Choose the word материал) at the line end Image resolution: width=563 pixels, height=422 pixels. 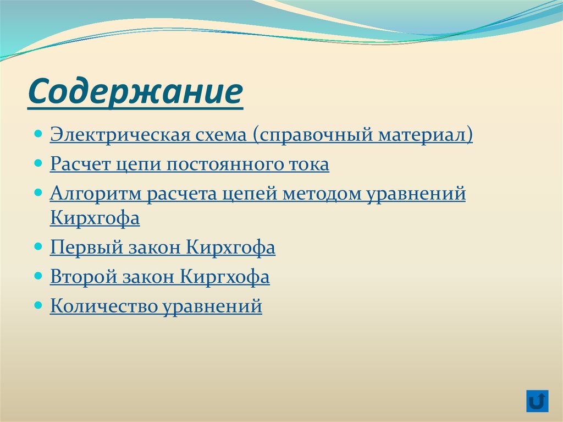425,135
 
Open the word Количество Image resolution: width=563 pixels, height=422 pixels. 103,306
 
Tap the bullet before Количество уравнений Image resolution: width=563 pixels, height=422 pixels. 38,305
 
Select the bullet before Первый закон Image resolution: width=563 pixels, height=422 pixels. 38,248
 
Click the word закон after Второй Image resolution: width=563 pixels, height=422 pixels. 149,277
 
